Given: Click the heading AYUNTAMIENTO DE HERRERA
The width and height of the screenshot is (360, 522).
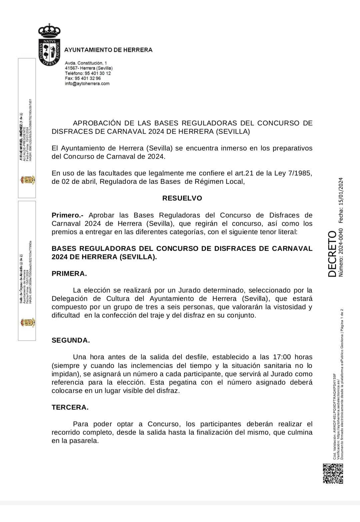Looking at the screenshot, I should [108, 50].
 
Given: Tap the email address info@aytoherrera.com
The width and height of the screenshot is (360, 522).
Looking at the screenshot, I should [87, 84].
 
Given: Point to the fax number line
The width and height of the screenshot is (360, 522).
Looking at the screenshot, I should [83, 78].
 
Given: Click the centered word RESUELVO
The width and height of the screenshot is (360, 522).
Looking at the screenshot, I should [182, 198].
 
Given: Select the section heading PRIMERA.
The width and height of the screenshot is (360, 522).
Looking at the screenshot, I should [69, 274].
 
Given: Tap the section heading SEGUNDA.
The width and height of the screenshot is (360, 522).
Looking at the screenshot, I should [71, 340].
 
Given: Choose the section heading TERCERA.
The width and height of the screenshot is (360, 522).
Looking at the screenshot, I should [70, 407].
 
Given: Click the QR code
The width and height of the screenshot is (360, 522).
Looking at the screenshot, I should [333, 473].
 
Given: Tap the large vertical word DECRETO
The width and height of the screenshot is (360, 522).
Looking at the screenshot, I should [333, 254].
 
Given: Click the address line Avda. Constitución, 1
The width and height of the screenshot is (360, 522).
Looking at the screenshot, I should [86, 63].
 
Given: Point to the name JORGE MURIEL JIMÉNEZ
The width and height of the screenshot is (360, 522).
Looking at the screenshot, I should [21, 137].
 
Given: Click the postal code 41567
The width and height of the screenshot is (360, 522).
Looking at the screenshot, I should [71, 68].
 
